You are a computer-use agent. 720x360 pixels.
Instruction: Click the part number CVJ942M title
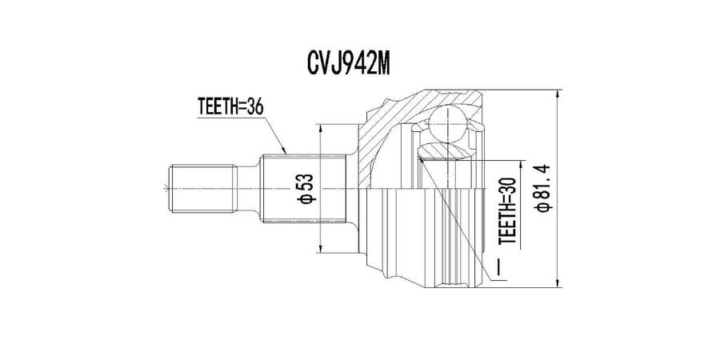(x=349, y=64)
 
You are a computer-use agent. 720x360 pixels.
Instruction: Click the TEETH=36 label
(x=230, y=106)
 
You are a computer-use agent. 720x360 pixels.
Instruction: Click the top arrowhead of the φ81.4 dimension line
(x=557, y=94)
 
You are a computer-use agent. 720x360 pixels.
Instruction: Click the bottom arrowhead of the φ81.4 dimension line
(x=557, y=283)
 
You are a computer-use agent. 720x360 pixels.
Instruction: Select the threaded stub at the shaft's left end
(x=203, y=188)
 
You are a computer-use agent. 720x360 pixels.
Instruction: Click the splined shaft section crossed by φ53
(x=303, y=188)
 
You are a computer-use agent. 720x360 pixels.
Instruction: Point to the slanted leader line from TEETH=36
(x=275, y=135)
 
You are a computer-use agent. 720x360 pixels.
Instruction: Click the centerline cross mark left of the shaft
(x=166, y=188)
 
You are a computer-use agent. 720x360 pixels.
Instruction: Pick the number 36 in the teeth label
(x=255, y=106)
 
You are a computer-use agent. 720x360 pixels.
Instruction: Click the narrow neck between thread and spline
(x=249, y=188)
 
